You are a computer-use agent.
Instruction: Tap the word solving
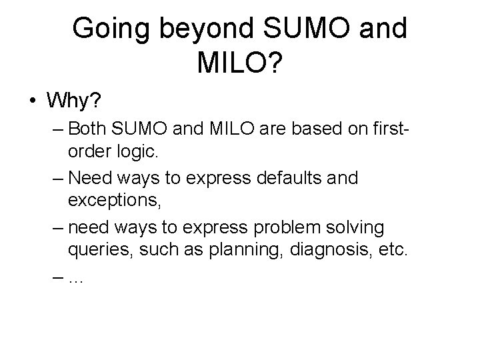[358, 228]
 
